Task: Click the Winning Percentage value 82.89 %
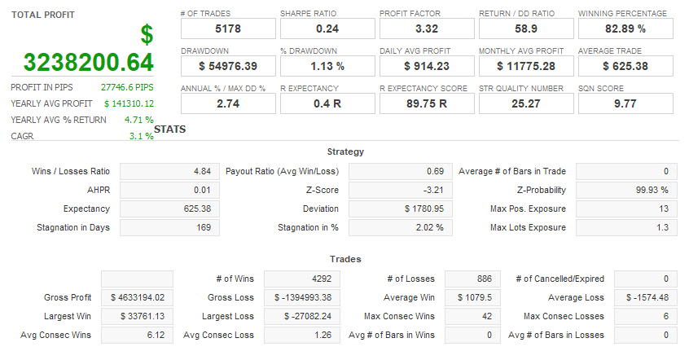tap(625, 29)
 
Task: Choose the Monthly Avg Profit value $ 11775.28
tap(525, 66)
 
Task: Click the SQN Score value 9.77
tap(625, 103)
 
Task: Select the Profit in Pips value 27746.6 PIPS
tap(127, 87)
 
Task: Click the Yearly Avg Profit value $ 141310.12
tap(129, 103)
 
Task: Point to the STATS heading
tap(169, 130)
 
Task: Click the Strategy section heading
tap(345, 151)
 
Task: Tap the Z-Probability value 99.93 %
tap(627, 190)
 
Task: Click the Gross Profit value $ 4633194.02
tap(137, 297)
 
